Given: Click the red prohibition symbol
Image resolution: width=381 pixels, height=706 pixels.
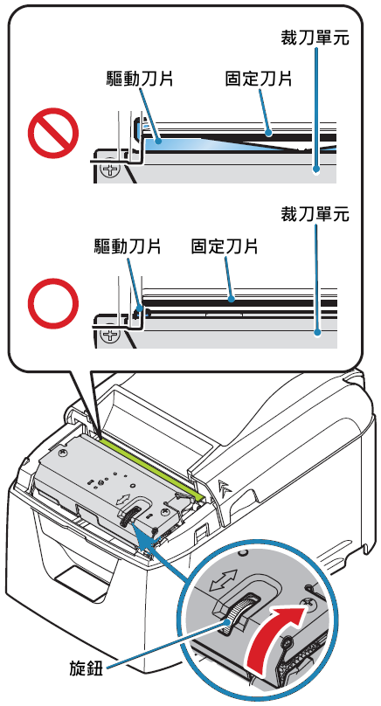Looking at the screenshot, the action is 53,134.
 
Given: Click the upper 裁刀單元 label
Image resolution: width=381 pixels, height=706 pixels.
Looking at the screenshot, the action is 315,38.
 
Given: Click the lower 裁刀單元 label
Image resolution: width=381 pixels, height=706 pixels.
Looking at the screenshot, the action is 315,214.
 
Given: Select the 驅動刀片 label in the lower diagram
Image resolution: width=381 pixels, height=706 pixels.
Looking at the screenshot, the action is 128,246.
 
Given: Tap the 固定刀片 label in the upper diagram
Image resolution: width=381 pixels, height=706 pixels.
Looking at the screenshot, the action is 259,79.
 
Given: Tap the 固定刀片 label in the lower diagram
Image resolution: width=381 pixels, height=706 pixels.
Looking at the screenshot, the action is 225,246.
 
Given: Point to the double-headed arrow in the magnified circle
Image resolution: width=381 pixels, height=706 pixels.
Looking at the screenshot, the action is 224,581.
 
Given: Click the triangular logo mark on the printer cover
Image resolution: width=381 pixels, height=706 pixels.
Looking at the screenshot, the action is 224,487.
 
